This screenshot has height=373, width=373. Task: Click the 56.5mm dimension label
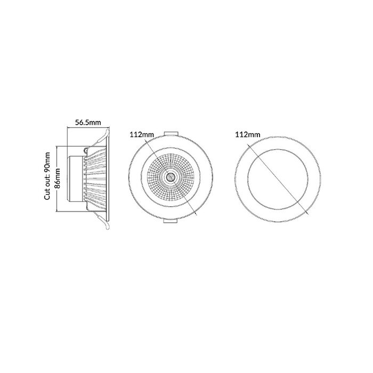click(88, 123)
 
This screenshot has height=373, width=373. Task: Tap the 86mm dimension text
click(58, 177)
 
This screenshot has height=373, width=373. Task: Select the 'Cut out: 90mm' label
click(47, 176)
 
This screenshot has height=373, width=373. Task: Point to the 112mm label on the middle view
click(142, 135)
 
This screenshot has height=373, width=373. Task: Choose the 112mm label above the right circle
click(248, 135)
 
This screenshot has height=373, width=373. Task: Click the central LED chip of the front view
click(171, 177)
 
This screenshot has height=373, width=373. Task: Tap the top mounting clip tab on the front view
click(171, 134)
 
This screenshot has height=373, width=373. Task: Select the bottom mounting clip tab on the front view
click(171, 221)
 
